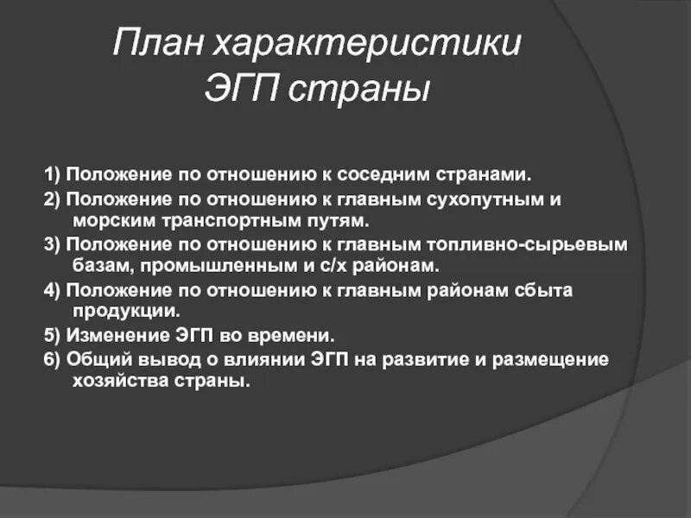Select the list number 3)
tap(53, 244)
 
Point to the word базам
tap(94, 265)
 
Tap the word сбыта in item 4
tap(537, 289)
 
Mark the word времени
tap(296, 335)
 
